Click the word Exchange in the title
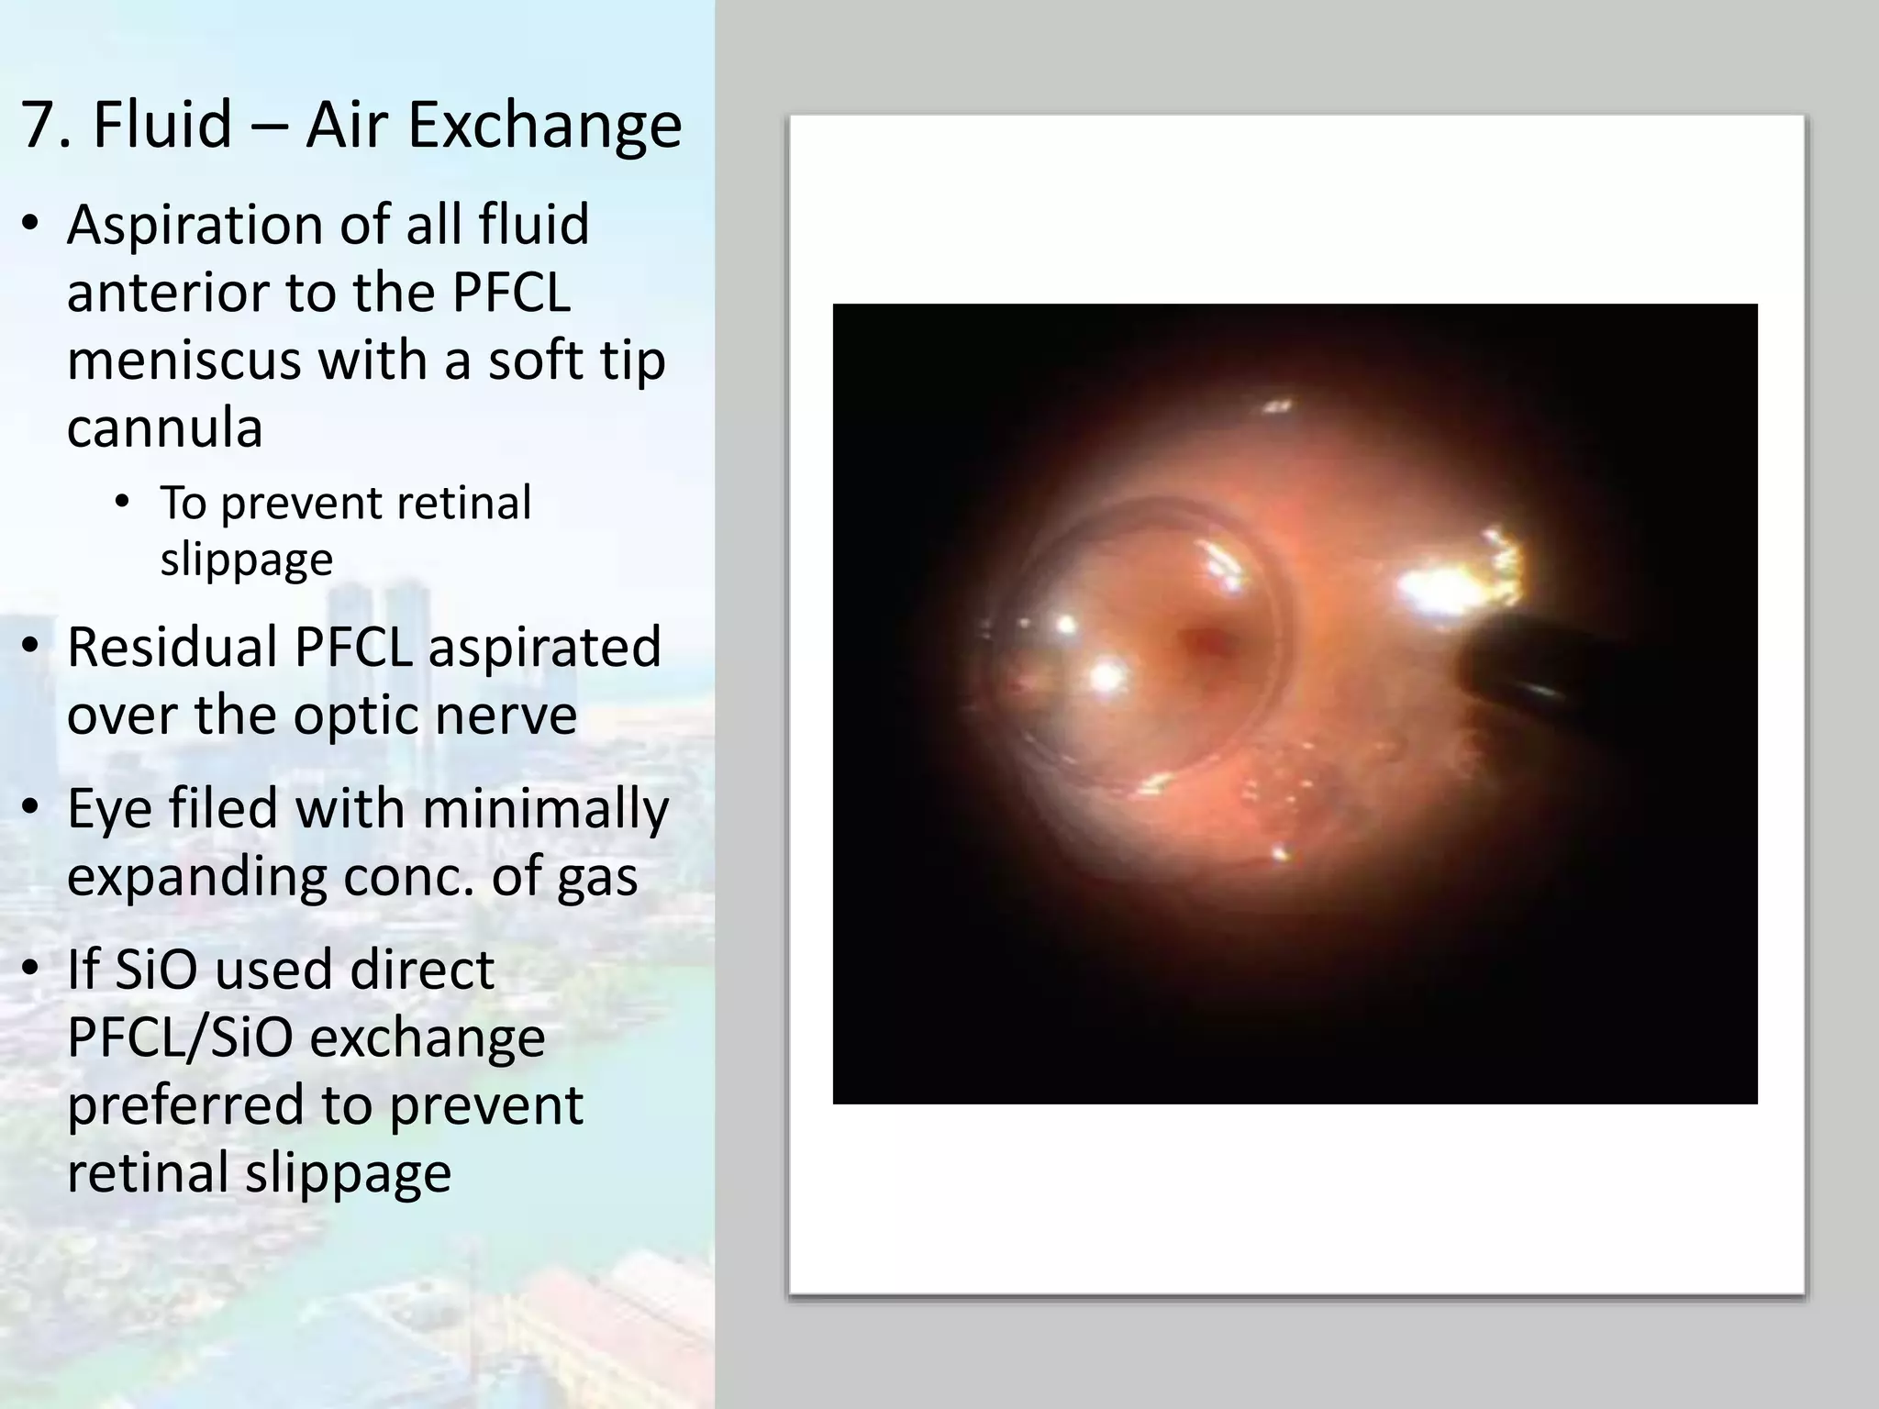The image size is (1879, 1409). [x=544, y=126]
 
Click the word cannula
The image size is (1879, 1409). [x=165, y=427]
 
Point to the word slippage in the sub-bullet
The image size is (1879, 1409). [x=246, y=560]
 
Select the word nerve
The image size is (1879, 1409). [x=506, y=716]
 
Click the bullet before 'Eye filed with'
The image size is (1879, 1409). [x=31, y=810]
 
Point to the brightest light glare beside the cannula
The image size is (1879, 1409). [x=1440, y=587]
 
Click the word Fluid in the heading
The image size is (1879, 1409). [x=162, y=126]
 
